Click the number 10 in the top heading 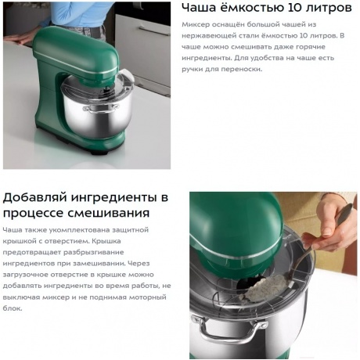coord(294,8)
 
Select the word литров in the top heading coord(329,8)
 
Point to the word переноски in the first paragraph coord(242,70)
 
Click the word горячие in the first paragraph coord(311,47)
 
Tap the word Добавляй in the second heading coord(35,198)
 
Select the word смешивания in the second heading coord(109,213)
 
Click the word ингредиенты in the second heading coord(114,198)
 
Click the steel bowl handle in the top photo coord(100,108)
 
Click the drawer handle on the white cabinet coord(154,30)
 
